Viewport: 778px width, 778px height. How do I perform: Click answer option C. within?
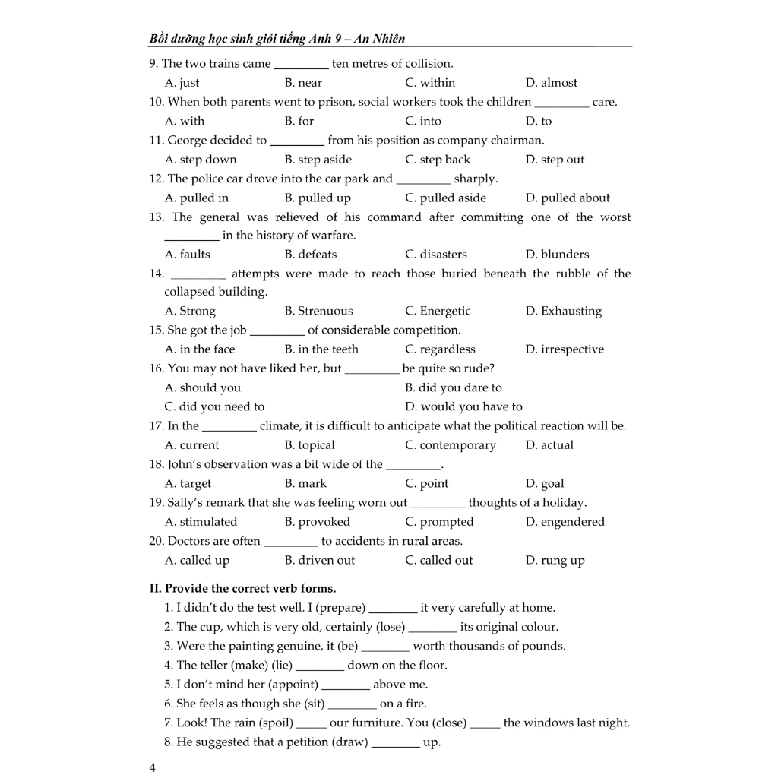[430, 83]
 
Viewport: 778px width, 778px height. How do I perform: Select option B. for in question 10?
[299, 121]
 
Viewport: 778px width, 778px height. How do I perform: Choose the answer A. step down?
[201, 160]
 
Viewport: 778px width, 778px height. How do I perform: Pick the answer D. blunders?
[557, 255]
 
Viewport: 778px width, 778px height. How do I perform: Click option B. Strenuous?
[318, 311]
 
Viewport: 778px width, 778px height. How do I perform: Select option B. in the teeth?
[321, 349]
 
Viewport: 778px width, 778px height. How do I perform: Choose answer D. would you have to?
[463, 406]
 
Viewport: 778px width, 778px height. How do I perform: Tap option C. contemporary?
[450, 445]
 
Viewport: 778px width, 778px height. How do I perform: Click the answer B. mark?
[305, 484]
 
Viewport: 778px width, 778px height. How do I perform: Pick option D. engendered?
[565, 522]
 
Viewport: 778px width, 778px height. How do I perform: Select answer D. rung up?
[555, 561]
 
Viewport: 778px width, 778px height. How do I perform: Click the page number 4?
[153, 767]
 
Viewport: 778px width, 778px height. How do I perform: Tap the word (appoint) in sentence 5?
[293, 685]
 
